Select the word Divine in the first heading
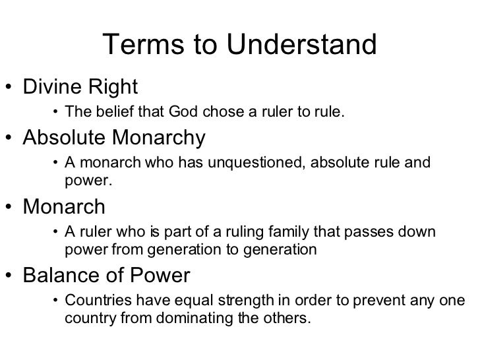click(53, 86)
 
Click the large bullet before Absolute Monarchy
click(11, 139)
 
